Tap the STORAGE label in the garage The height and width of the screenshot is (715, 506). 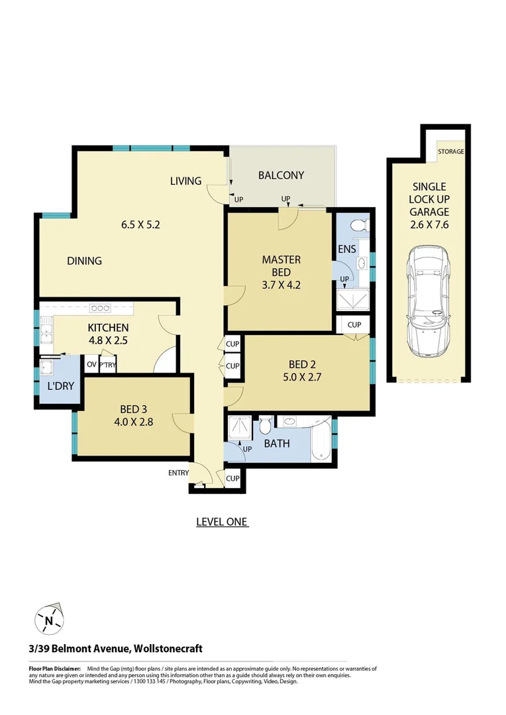450,152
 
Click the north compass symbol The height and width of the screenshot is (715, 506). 49,620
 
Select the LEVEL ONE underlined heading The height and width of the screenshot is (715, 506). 222,522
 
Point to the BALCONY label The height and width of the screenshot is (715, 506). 281,175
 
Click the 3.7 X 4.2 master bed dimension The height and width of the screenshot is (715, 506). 281,286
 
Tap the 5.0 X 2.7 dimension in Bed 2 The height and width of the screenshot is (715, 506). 307,381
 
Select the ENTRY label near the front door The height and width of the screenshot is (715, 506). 178,473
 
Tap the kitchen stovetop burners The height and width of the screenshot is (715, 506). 100,308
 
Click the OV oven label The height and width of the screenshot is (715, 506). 90,363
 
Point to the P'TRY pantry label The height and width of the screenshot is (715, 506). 107,363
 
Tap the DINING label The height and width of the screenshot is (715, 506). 84,261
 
